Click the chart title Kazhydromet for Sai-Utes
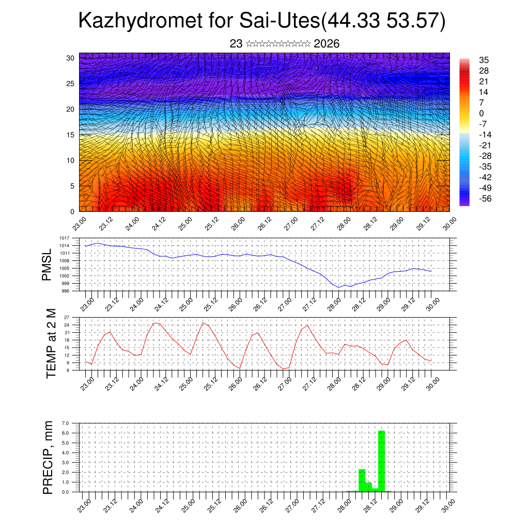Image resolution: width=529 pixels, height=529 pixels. [x=261, y=22]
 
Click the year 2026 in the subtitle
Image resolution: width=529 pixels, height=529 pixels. [x=326, y=44]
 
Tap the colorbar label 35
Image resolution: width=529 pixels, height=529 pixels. [x=484, y=60]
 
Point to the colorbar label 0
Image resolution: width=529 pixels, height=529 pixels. [x=481, y=113]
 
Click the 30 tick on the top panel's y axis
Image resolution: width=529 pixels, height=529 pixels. [x=70, y=58]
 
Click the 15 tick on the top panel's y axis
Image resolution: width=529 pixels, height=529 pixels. [x=70, y=135]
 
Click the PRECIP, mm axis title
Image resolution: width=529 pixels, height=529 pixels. [x=48, y=457]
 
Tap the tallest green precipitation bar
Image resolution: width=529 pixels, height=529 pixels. [x=382, y=461]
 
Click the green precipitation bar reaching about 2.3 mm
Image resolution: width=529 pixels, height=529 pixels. [x=362, y=480]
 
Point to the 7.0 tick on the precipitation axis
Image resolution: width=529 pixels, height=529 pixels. [x=65, y=423]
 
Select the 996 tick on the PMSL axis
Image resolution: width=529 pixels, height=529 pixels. [x=66, y=291]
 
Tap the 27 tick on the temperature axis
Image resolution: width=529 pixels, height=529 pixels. [x=67, y=317]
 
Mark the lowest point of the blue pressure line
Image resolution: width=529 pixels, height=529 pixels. [x=338, y=287]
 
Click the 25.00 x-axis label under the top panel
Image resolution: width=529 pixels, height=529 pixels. [x=185, y=224]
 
